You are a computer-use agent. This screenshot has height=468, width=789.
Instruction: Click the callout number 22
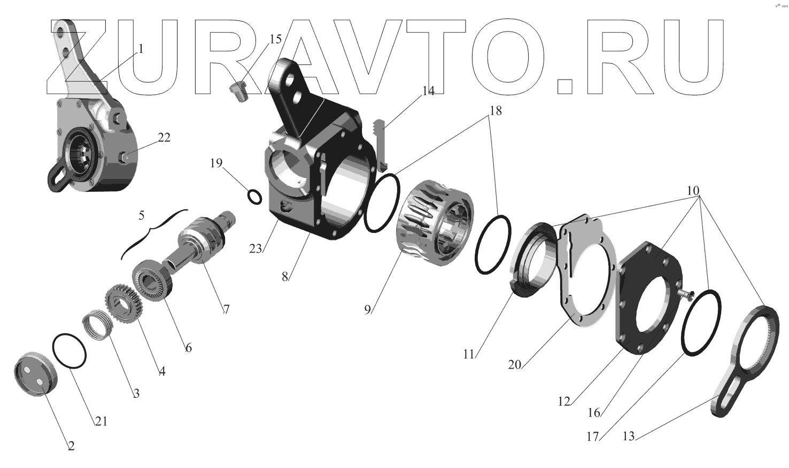pyautogui.click(x=164, y=137)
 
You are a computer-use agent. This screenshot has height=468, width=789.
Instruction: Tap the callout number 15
pyautogui.click(x=275, y=39)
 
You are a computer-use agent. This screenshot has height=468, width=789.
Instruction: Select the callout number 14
pyautogui.click(x=428, y=91)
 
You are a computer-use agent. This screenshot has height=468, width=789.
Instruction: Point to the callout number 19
pyautogui.click(x=216, y=163)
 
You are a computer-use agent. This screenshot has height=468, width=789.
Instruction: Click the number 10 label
pyautogui.click(x=693, y=191)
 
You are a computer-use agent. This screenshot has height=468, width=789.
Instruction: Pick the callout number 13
pyautogui.click(x=629, y=436)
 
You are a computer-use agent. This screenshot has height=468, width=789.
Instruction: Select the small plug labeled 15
pyautogui.click(x=236, y=92)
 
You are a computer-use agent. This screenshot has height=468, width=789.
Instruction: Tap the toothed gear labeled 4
pyautogui.click(x=122, y=305)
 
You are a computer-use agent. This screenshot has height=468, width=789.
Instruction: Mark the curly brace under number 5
pyautogui.click(x=155, y=230)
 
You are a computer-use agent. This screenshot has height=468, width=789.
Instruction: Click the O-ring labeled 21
pyautogui.click(x=69, y=351)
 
